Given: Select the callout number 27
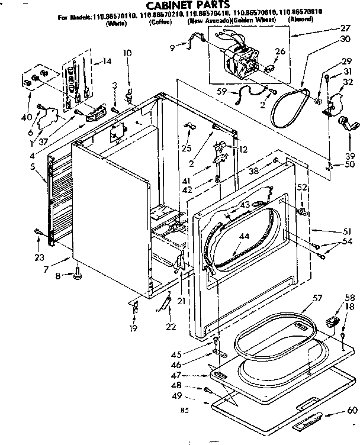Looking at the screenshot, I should (345, 27).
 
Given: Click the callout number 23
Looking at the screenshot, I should (39, 257).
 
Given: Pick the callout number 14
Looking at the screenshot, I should (107, 61).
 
